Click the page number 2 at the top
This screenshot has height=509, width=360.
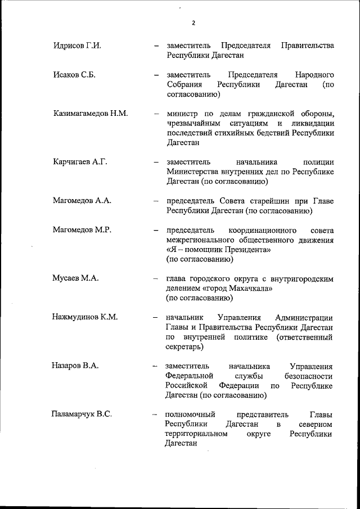tap(193, 23)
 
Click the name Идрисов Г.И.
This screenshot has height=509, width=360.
tap(76, 46)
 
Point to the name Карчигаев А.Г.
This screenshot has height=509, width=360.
tap(79, 162)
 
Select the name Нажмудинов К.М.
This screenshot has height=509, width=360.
tap(85, 317)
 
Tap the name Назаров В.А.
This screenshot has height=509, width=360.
tap(75, 366)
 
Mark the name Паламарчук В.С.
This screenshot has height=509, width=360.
tap(82, 415)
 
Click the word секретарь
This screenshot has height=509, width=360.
tap(183, 347)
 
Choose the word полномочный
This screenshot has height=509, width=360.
tap(190, 415)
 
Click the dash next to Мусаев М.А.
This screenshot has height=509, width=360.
tap(156, 278)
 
